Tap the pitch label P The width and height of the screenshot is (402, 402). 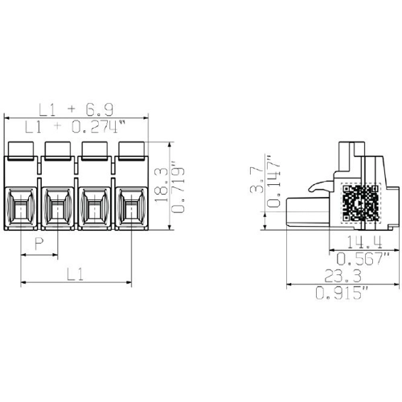coord(39,244)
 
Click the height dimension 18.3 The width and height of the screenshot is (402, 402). coord(161,187)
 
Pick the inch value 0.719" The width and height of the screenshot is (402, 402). coord(175,187)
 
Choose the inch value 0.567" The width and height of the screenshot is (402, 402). coord(363,258)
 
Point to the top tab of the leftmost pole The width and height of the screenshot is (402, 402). coord(20,149)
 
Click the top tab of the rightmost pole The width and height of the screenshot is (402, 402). coord(130,149)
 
